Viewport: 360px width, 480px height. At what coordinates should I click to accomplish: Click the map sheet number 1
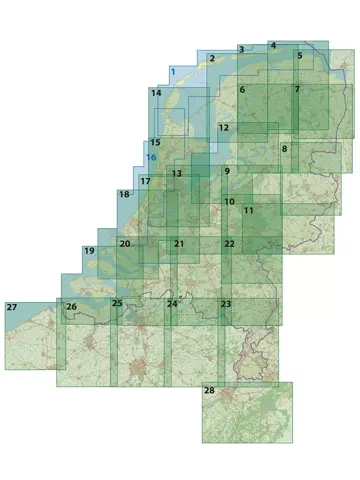(x=174, y=72)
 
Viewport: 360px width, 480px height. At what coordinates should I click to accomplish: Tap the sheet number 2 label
(x=212, y=59)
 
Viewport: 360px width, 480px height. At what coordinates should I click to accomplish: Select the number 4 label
(x=273, y=46)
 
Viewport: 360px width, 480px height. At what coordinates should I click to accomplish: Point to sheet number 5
(x=299, y=56)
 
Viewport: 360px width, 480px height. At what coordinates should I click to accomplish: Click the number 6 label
(x=242, y=90)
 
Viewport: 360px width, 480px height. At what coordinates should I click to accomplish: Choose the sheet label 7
(x=297, y=90)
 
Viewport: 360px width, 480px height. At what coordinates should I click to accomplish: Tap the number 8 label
(x=285, y=149)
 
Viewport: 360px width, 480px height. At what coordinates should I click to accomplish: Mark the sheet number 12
(x=224, y=128)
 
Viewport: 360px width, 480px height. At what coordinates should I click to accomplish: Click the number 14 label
(x=156, y=93)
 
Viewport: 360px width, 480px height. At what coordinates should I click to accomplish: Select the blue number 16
(x=151, y=158)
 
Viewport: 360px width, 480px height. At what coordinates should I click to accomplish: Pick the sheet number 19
(x=89, y=250)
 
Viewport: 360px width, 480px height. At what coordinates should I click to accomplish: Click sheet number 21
(x=179, y=244)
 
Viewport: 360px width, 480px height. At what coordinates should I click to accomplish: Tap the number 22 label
(x=230, y=244)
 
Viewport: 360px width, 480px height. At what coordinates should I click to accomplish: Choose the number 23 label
(x=226, y=303)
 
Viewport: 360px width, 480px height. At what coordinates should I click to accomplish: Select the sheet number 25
(x=117, y=303)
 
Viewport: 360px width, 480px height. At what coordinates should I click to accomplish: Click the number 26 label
(x=71, y=306)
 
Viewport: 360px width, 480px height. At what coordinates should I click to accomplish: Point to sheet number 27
(x=12, y=306)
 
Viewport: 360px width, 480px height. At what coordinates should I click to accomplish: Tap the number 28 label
(x=209, y=390)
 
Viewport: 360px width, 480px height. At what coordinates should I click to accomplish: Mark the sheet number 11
(x=249, y=210)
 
